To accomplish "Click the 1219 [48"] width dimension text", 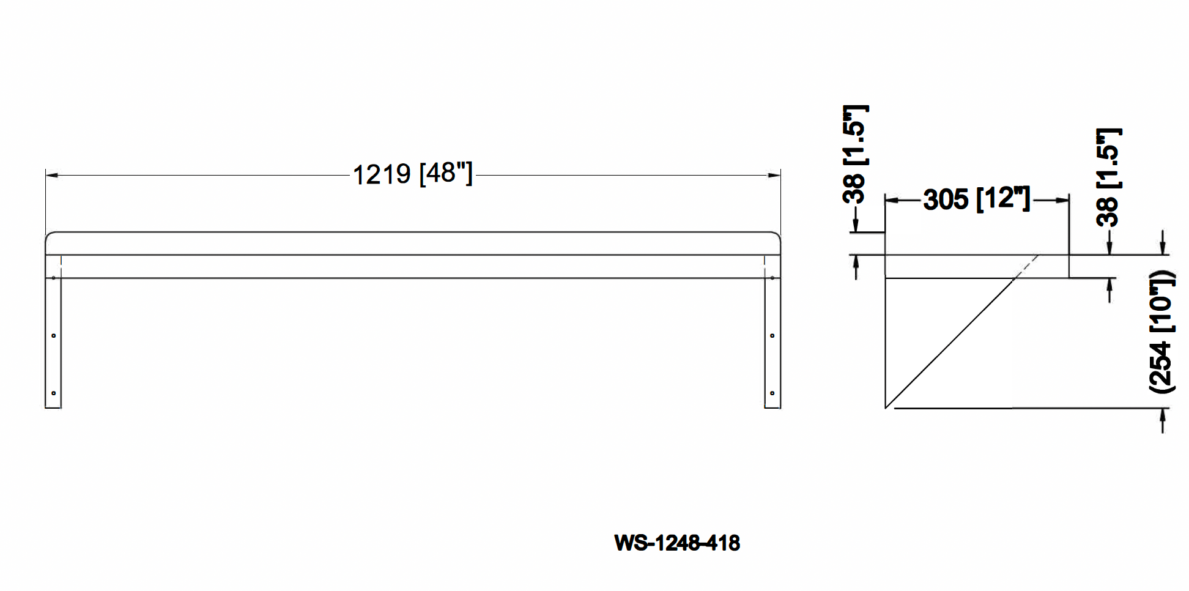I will (413, 174).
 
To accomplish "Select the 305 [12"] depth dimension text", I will (977, 199).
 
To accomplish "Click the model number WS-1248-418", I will (677, 543).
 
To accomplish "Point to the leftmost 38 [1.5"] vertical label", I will (854, 154).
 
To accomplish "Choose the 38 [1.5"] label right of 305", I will (1108, 177).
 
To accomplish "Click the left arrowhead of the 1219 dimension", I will (51, 175).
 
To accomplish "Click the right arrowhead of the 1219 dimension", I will (775, 175).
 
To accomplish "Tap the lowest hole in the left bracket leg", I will (54, 393).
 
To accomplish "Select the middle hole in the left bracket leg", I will (54, 335).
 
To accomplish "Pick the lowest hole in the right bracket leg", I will (772, 393).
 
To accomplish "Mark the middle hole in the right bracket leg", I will (772, 335).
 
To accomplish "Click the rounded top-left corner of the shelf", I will (49, 235).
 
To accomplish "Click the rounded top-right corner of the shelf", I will (777, 235).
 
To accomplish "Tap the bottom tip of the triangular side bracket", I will (886, 407).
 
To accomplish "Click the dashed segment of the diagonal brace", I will (1027, 266).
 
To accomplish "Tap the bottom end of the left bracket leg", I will (53, 407).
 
